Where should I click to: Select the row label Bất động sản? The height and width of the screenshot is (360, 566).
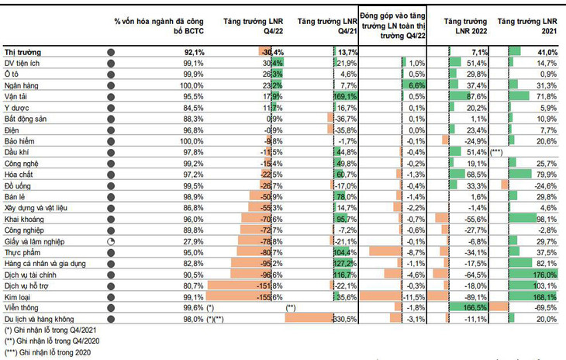25,118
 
